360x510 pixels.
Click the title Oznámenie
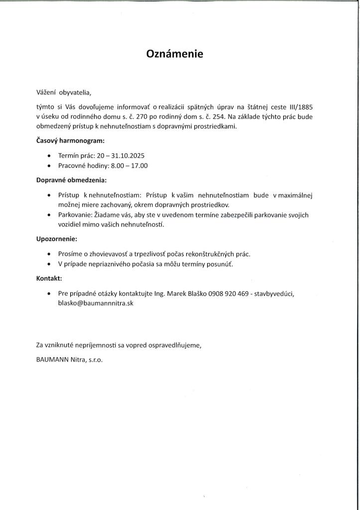[175, 54]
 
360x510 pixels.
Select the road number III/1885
[300, 107]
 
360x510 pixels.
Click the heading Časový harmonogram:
[70, 141]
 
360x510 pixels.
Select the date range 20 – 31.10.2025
[121, 156]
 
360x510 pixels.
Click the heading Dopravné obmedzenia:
[71, 180]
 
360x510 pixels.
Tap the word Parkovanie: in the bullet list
[75, 215]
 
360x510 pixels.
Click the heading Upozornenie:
[56, 239]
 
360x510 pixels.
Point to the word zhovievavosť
[105, 254]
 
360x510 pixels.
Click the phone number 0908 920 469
[228, 293]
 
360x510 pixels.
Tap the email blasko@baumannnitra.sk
[96, 303]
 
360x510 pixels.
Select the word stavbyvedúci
[274, 293]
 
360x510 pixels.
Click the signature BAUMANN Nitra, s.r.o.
[69, 360]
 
